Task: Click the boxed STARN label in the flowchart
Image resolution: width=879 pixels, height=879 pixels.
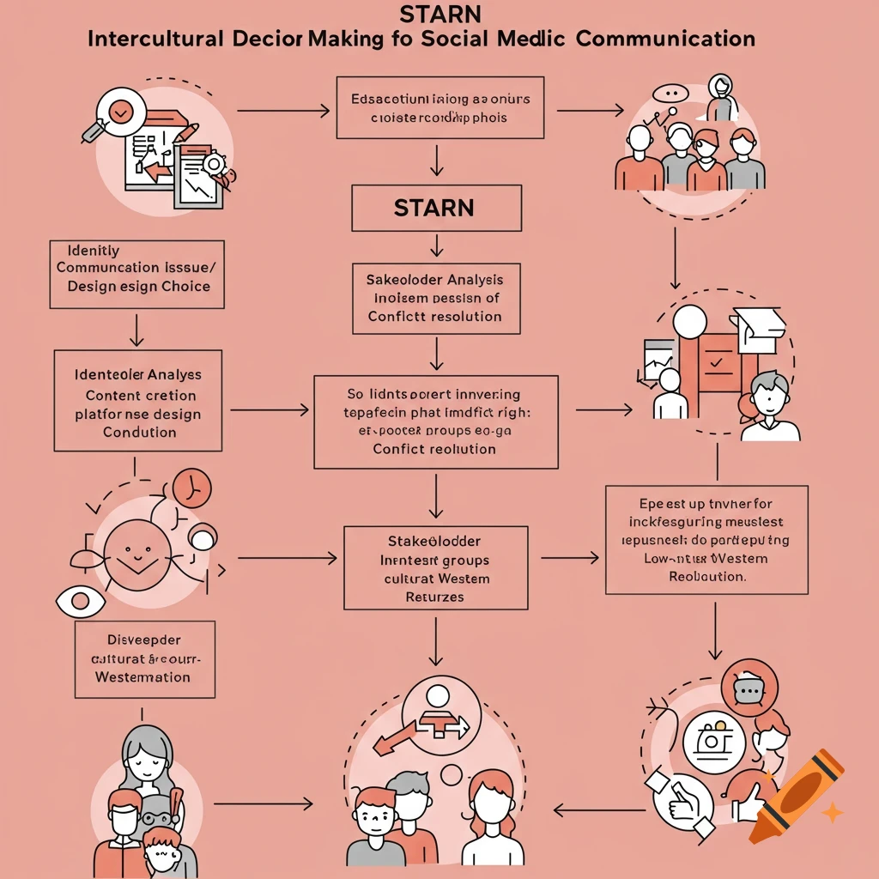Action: [436, 209]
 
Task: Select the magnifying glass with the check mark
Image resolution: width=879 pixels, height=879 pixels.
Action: [119, 112]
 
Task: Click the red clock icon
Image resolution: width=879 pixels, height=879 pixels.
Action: [191, 489]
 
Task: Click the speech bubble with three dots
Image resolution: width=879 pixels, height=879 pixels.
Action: [671, 94]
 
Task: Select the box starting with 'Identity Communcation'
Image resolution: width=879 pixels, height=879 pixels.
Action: [137, 274]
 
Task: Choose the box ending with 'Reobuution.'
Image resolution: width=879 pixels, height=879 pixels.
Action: [706, 539]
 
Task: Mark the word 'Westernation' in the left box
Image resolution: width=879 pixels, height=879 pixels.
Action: [142, 677]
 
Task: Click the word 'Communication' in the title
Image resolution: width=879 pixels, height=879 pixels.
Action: [666, 39]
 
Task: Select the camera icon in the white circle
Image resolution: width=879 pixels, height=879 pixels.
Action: [714, 741]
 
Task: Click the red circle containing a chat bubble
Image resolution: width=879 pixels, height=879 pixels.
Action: [749, 688]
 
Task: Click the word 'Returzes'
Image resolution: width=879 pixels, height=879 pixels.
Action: [434, 597]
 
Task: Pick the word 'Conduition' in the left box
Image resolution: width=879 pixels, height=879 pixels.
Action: [139, 433]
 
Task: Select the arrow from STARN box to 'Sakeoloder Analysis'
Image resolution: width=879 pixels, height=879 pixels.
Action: [436, 246]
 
